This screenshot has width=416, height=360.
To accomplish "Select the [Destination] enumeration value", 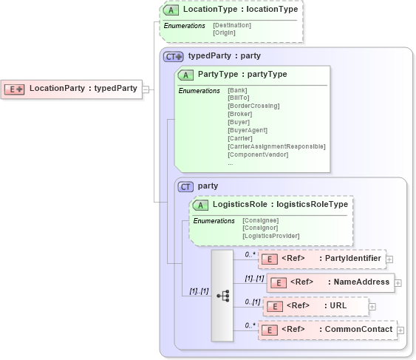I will tap(232, 25).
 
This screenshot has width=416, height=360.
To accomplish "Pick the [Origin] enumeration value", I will tap(225, 33).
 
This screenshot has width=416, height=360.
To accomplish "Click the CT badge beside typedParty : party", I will tap(174, 55).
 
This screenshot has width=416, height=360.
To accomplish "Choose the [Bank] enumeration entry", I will tap(237, 90).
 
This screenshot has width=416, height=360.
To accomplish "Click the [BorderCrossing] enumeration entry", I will tap(253, 106).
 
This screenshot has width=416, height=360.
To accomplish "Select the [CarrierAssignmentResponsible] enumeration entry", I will tap(276, 146).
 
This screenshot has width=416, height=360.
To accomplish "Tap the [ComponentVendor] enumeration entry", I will tap(257, 154).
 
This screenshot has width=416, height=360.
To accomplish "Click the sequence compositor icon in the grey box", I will tap(222, 296).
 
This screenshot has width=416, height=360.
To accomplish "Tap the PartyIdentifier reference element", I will tap(321, 259).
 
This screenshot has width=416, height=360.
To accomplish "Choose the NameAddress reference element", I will tap(330, 282).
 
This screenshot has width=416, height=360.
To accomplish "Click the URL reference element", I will tap(316, 305).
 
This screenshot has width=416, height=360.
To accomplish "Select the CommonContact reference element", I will tap(327, 329).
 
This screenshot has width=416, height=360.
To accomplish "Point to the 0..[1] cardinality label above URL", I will tap(253, 301).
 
